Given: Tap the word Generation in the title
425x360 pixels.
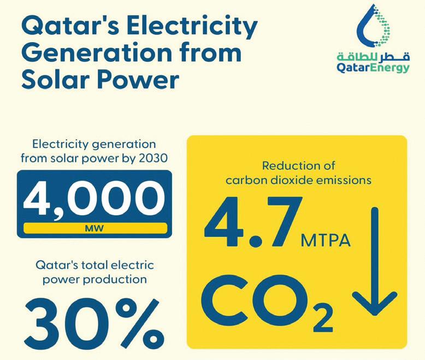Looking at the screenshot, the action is click(x=97, y=52).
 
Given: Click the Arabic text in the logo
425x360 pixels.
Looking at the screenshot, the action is click(x=373, y=57).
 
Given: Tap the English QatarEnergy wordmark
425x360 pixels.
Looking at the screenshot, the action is click(x=373, y=68).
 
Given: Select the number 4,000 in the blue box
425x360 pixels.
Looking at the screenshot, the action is click(x=94, y=199).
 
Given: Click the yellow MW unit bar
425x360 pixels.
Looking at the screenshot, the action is click(x=95, y=228).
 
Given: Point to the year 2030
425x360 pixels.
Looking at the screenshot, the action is click(x=153, y=158).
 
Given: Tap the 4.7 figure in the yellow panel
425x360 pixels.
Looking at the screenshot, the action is click(x=253, y=222).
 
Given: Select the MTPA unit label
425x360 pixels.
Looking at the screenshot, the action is click(x=326, y=240).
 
